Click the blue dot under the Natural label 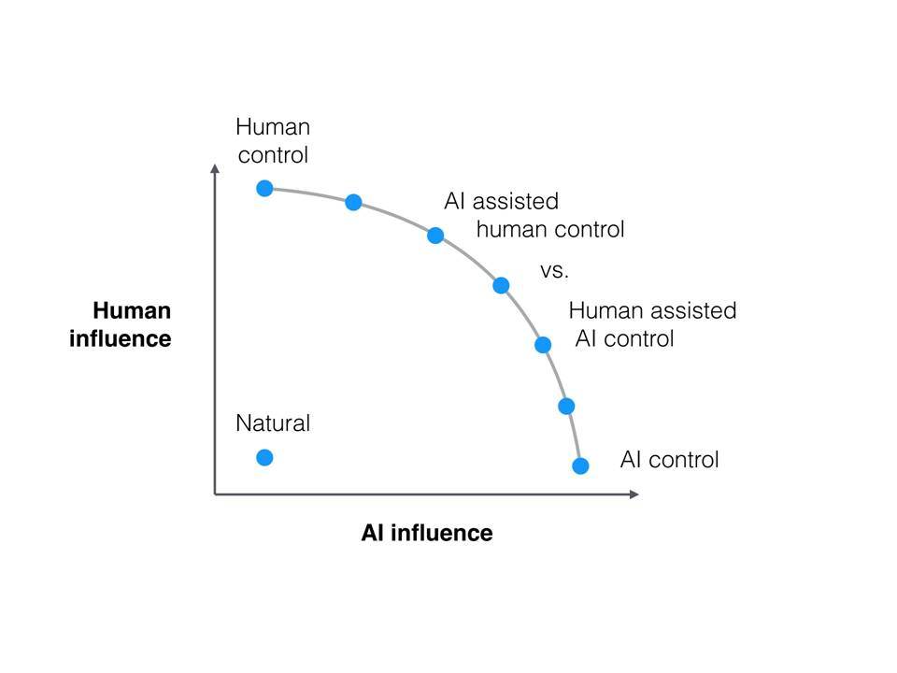click(264, 457)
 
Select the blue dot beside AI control click(580, 465)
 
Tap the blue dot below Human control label click(264, 188)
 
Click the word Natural click(273, 423)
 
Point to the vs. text click(554, 271)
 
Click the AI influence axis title click(427, 533)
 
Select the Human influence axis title click(121, 324)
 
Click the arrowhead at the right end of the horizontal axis click(634, 494)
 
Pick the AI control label click(669, 460)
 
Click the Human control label click(273, 141)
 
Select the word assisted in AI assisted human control click(516, 202)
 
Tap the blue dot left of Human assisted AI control click(543, 345)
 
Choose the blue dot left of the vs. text click(501, 285)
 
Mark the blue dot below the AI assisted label click(435, 236)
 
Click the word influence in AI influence click(442, 533)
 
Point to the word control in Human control click(273, 155)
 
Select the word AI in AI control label click(631, 460)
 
